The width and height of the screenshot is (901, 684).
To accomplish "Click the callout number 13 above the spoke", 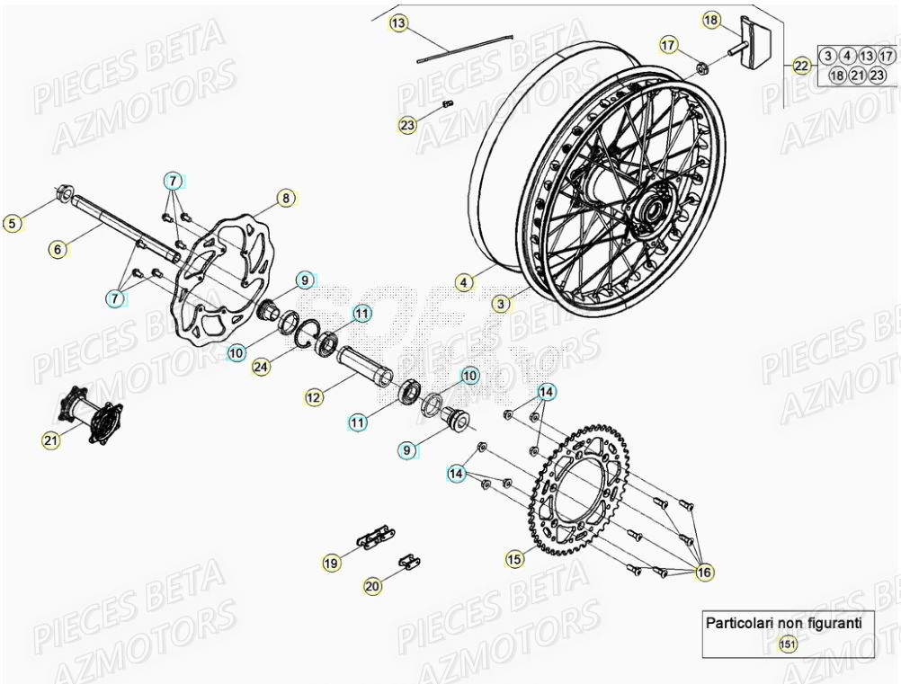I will coord(398,22).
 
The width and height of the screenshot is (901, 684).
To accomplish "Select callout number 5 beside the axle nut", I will coord(12,223).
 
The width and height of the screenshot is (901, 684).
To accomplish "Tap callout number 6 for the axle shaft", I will coord(58,250).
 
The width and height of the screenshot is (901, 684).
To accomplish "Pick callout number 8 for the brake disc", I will coord(285,199).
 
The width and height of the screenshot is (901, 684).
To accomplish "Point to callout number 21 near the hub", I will coord(51,440).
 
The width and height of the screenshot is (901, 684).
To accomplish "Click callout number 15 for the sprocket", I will coord(513,559).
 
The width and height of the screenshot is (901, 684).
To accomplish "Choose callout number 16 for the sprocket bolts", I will coord(703,572).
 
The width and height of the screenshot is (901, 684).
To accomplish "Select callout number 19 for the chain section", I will coord(332,563).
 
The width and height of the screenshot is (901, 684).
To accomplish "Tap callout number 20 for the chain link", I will coord(372,586).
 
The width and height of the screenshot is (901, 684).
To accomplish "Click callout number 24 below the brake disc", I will coord(261,368).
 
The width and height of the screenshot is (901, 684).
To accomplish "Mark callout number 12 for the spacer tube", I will coord(313,396).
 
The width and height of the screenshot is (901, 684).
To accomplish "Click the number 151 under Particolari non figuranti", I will coord(788,643).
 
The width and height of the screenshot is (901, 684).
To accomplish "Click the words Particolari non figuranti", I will coord(783,621).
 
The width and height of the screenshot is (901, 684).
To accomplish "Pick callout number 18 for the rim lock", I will coord(711,20).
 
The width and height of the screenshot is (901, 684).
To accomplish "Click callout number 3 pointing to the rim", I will coord(502,304).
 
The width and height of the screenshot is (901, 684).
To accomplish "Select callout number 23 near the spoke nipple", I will coord(408,125).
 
